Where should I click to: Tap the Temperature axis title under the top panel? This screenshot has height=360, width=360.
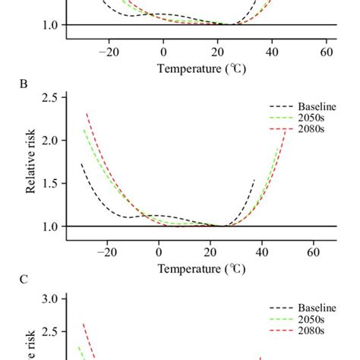coord(201,68)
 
